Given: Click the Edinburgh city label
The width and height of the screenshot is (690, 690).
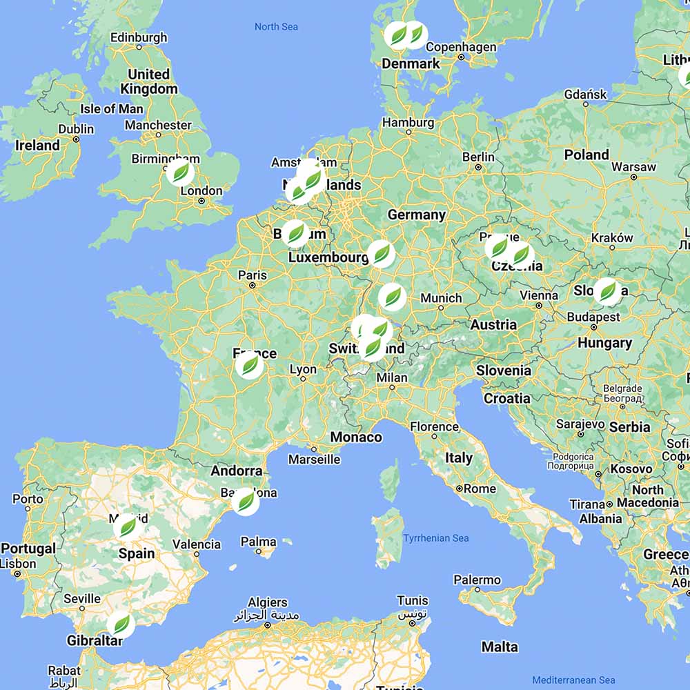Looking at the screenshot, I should (x=139, y=37).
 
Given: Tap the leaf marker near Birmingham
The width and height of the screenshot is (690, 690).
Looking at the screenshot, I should (x=180, y=172).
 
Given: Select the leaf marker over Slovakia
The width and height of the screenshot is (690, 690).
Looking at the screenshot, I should (x=607, y=292).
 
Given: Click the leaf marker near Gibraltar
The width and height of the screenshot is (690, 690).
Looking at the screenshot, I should (x=121, y=625).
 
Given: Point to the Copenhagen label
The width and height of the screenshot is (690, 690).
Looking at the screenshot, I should (x=461, y=47).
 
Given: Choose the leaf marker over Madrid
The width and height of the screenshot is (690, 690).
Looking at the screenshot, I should (x=128, y=527).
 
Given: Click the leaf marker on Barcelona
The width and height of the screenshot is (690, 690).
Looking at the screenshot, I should (x=245, y=501).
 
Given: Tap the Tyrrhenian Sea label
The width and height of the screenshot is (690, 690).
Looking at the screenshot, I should (x=436, y=538).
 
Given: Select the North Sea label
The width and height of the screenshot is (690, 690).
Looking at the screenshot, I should (x=276, y=27).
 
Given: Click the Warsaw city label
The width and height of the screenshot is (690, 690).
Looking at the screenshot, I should (x=633, y=167).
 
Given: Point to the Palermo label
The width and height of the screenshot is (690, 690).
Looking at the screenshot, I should (x=477, y=580).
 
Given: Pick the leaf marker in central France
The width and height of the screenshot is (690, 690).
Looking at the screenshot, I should (x=249, y=365).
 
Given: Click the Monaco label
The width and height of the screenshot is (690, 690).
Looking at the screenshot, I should (x=356, y=437).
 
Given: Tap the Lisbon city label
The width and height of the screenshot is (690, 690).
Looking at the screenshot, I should (x=19, y=563).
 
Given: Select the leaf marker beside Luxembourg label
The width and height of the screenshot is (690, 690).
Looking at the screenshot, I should (x=381, y=253).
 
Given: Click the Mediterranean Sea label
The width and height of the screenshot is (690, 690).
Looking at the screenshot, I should (x=573, y=680).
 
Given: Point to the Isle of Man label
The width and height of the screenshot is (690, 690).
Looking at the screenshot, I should (x=112, y=108).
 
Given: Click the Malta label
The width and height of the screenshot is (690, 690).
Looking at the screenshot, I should (x=500, y=647).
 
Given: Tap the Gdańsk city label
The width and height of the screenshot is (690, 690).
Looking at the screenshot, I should (x=585, y=94).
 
